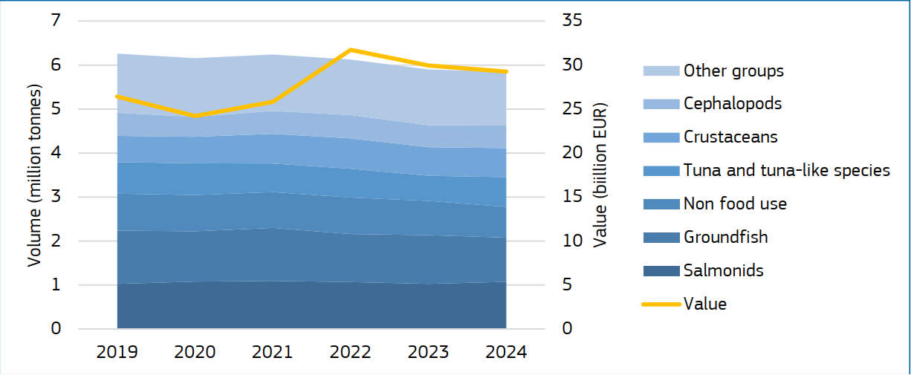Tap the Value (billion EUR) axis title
600,175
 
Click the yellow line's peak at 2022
351,50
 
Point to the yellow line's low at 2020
195,116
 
